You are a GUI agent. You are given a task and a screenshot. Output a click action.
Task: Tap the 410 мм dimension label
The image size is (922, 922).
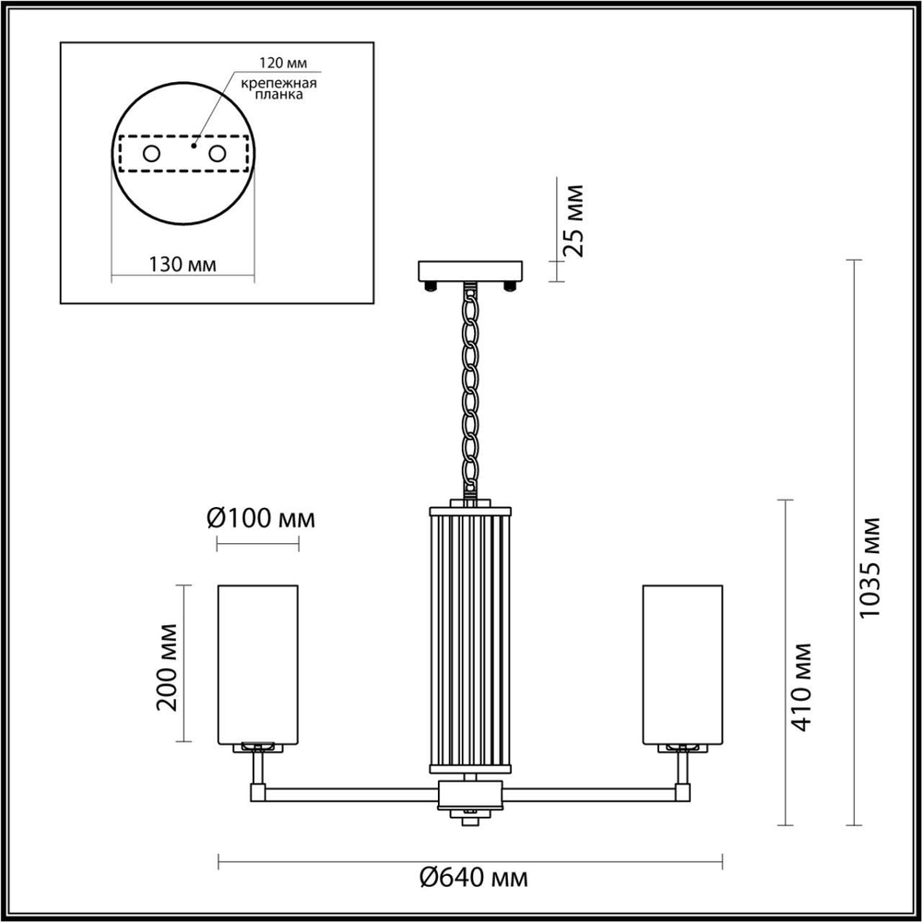802,687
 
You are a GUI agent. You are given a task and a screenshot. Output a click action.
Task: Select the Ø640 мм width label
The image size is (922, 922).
469,877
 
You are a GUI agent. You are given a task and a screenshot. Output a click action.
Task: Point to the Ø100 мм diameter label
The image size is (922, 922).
261,518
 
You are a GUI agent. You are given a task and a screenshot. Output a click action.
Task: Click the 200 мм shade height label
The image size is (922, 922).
166,665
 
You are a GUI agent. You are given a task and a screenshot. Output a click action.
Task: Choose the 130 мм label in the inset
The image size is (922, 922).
182,264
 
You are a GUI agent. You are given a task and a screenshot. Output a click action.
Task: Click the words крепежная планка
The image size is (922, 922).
279,89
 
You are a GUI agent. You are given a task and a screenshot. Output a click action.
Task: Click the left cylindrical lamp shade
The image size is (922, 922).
257,663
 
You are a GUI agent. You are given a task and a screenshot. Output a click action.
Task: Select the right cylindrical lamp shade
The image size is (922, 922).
682,663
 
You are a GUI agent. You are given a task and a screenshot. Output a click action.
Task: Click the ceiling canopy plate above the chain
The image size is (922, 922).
470,271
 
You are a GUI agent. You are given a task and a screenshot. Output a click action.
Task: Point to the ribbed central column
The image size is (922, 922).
470,636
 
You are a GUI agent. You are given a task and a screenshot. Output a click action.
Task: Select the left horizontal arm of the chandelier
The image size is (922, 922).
350,791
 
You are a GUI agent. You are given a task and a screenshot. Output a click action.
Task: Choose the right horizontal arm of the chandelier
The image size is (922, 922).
590,791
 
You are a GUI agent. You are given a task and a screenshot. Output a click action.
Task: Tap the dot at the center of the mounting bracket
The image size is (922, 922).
194,144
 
